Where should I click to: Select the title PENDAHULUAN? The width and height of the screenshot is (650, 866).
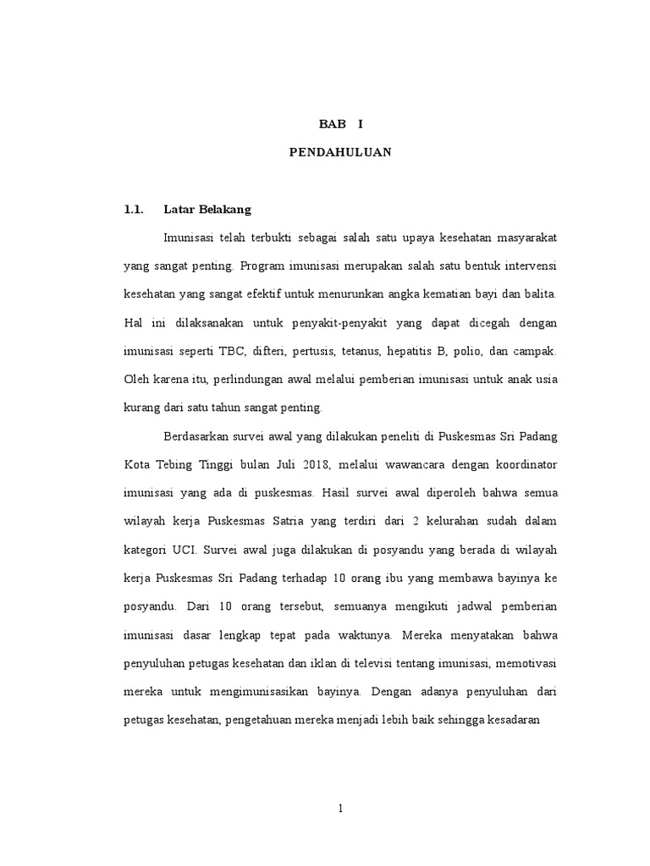(x=339, y=153)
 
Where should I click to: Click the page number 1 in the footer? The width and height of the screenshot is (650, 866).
(x=340, y=808)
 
